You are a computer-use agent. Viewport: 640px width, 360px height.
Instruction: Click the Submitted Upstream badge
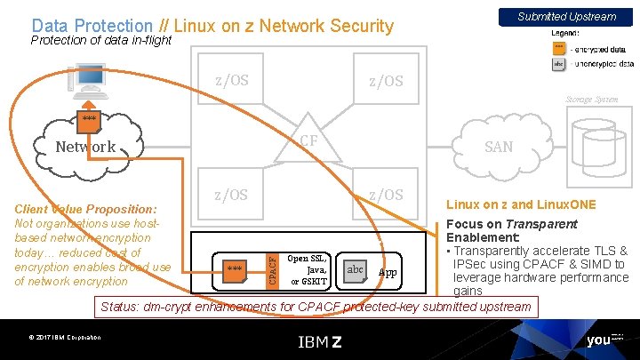click(566, 16)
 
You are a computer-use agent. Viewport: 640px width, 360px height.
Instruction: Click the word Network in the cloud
click(85, 147)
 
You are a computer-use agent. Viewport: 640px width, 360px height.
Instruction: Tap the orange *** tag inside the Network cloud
click(89, 118)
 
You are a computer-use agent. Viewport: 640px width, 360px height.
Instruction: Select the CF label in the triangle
click(308, 140)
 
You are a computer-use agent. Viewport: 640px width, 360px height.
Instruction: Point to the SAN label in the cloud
click(498, 147)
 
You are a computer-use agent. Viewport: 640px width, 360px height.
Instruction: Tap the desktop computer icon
click(89, 80)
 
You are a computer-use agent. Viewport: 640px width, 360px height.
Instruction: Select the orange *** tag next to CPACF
click(235, 268)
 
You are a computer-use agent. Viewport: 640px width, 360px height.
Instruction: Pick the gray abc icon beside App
click(355, 270)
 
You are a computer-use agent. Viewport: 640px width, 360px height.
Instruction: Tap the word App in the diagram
click(388, 271)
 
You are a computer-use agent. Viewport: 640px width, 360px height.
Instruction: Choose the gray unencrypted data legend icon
click(558, 64)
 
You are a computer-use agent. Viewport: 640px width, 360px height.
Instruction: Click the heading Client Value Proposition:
click(86, 209)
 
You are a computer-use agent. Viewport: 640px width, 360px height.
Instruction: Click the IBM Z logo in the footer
click(319, 341)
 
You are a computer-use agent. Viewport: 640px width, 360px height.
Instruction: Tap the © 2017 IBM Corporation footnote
click(63, 337)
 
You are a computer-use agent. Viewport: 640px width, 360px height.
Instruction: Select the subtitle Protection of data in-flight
click(100, 40)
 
